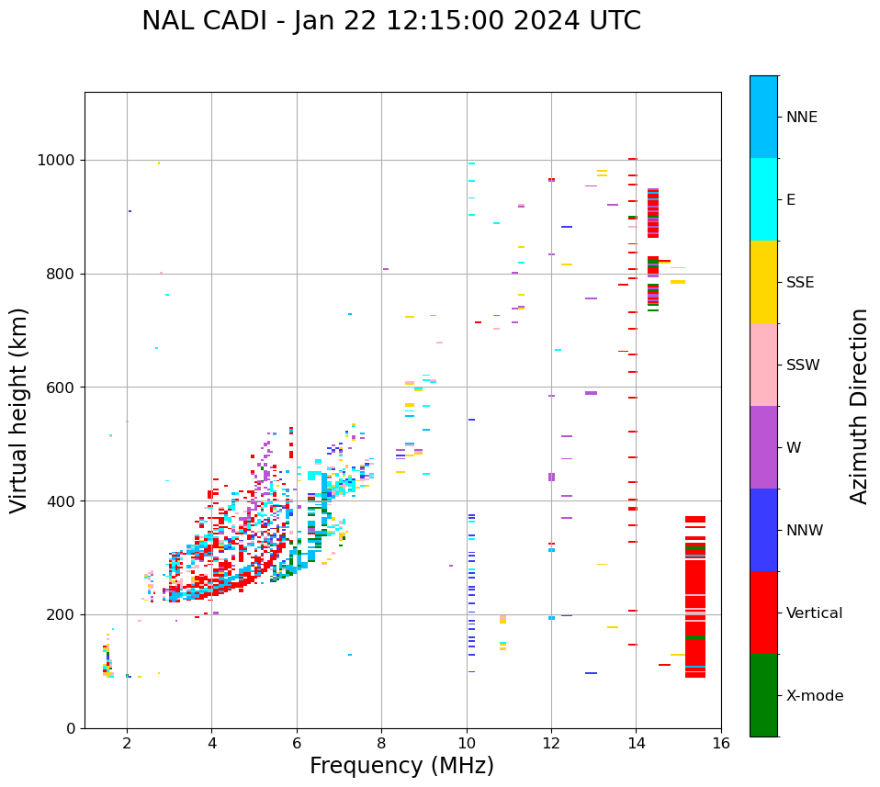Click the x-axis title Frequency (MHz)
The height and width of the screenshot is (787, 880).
(401, 766)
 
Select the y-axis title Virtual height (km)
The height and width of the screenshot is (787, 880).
(19, 410)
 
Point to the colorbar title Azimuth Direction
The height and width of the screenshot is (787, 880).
(859, 406)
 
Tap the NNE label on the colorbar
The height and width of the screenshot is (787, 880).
(801, 118)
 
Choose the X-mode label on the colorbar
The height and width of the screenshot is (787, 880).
(814, 696)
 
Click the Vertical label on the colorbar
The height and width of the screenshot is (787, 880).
(814, 613)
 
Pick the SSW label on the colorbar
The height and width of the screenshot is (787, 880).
(802, 365)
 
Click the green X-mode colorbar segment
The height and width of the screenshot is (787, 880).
(763, 695)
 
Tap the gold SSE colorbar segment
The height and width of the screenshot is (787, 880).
(763, 282)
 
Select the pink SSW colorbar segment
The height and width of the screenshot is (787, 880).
(763, 365)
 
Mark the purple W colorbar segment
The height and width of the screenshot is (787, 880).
(763, 447)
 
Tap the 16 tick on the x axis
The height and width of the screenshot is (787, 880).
(721, 742)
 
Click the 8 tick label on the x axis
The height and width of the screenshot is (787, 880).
(381, 742)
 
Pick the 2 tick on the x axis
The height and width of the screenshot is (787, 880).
(127, 742)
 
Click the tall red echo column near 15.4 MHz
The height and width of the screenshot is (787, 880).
(695, 597)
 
